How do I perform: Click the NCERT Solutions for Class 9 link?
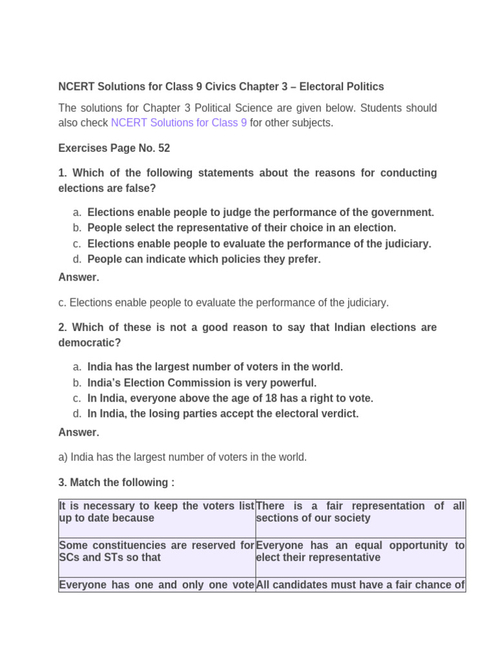(x=179, y=123)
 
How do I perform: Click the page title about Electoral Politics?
(x=221, y=87)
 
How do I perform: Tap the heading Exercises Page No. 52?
(x=114, y=148)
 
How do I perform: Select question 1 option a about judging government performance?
(x=260, y=212)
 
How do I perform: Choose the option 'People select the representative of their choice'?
(x=242, y=228)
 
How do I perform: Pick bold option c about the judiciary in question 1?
(x=259, y=244)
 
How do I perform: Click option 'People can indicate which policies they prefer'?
(x=203, y=259)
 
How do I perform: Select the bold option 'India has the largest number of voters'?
(x=215, y=367)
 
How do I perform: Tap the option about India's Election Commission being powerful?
(x=202, y=383)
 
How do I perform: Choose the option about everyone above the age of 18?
(x=230, y=398)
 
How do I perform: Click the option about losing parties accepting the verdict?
(x=223, y=414)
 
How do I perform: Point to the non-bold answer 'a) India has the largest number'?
(x=182, y=457)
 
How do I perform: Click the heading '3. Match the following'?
(x=116, y=483)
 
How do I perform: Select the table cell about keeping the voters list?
(x=156, y=512)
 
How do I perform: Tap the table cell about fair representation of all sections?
(x=360, y=512)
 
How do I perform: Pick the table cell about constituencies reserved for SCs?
(x=156, y=551)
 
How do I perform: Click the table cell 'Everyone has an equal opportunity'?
(x=360, y=551)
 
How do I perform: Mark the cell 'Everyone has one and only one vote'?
(x=156, y=585)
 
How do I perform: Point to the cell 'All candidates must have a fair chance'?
(x=360, y=585)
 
